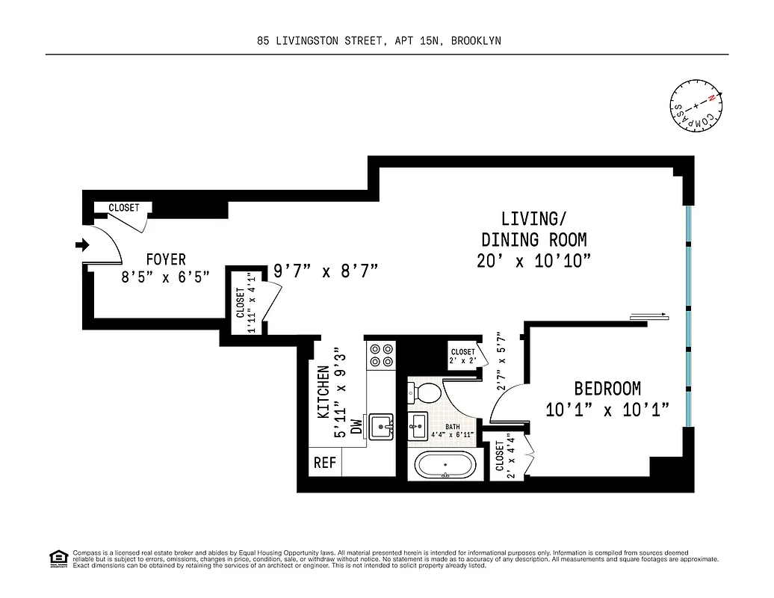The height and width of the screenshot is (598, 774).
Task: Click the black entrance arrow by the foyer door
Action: coord(83,244)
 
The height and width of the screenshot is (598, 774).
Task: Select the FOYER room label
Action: coord(165,259)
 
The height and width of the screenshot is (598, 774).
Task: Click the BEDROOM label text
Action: coord(607,389)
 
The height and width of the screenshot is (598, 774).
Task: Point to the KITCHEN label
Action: coord(323,391)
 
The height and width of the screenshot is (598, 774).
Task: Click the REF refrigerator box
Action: coord(325,463)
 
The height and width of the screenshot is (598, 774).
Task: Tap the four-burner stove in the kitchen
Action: coord(382,354)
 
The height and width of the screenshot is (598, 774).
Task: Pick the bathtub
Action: coord(445,465)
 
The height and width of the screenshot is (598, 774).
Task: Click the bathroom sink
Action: coord(417,428)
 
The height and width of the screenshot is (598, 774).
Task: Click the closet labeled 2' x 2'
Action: coord(462,356)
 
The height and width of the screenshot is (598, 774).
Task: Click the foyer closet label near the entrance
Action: coord(123,208)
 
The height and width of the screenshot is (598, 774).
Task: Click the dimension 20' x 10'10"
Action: coord(533,261)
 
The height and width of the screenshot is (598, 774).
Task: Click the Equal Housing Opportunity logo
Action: coord(58,558)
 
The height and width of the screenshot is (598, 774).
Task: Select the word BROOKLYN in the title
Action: coord(476,42)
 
